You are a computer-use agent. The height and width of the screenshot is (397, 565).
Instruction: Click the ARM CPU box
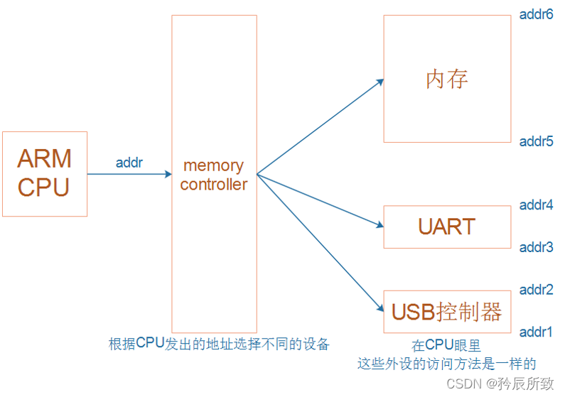pyautogui.click(x=44, y=173)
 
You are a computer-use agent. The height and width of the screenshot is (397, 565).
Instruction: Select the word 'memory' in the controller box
pyautogui.click(x=213, y=165)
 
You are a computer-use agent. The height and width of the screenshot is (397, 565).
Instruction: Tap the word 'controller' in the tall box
pyautogui.click(x=213, y=184)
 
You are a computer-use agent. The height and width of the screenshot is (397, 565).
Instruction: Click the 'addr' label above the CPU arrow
pyautogui.click(x=129, y=163)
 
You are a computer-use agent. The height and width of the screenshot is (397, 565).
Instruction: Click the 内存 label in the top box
pyautogui.click(x=447, y=79)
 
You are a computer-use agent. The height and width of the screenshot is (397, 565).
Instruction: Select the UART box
pyautogui.click(x=447, y=227)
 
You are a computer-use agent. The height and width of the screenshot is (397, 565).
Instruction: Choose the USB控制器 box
pyautogui.click(x=447, y=311)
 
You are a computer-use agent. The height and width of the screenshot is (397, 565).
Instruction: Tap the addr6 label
pyautogui.click(x=536, y=14)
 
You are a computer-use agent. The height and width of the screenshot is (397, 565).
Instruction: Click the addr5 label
pyautogui.click(x=536, y=141)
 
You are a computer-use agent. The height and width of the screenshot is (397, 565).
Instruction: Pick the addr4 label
pyautogui.click(x=536, y=205)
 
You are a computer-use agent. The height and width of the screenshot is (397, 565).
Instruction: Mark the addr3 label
pyautogui.click(x=536, y=247)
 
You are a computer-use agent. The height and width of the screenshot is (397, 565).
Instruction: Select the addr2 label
pyautogui.click(x=536, y=290)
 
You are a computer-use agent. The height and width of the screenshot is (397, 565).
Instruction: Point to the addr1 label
pyautogui.click(x=536, y=332)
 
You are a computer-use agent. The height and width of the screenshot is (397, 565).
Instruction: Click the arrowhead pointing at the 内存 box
pyautogui.click(x=380, y=82)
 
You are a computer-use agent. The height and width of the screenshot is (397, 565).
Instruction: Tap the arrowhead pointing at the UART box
pyautogui.click(x=380, y=226)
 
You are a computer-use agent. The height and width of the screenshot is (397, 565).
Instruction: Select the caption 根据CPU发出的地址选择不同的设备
pyautogui.click(x=219, y=344)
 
